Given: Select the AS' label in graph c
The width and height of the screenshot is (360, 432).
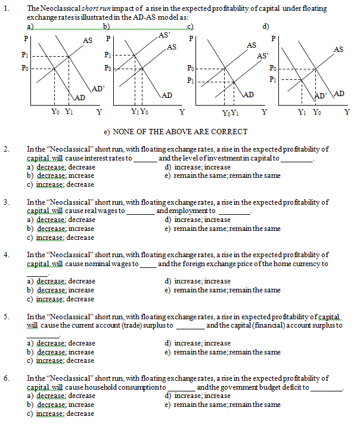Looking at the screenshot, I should [x=263, y=55].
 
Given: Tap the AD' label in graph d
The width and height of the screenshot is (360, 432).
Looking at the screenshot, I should [x=321, y=94].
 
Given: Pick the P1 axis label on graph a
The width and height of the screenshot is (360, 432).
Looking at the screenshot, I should [x=24, y=54].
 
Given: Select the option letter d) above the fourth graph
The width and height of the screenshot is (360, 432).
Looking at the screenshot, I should [x=265, y=26].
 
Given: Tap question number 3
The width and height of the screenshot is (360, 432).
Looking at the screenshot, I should [x=6, y=202].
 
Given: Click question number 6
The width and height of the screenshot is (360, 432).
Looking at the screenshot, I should [x=6, y=378].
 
